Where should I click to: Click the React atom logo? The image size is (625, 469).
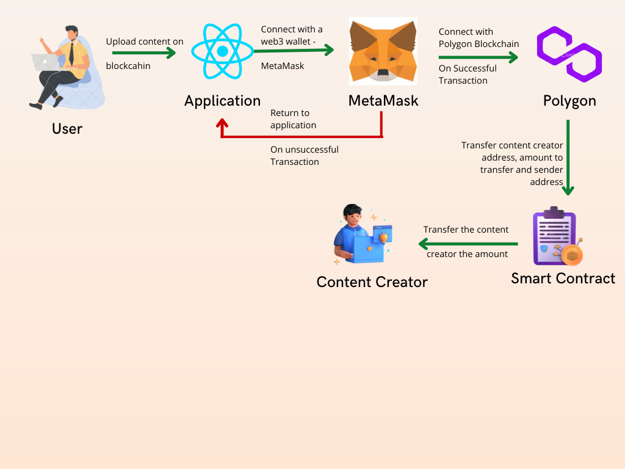pyautogui.click(x=222, y=51)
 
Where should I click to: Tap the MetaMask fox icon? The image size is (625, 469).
pyautogui.click(x=383, y=51)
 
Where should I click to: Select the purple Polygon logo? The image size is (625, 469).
pyautogui.click(x=569, y=54)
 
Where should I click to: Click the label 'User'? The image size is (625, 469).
pyautogui.click(x=67, y=129)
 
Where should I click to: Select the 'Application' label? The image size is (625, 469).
pyautogui.click(x=222, y=101)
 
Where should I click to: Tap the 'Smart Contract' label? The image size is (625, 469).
pyautogui.click(x=563, y=278)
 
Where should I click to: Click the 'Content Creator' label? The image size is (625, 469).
pyautogui.click(x=372, y=282)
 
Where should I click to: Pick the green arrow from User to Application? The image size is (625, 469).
pyautogui.click(x=144, y=53)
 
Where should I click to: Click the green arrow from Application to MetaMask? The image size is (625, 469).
pyautogui.click(x=294, y=50)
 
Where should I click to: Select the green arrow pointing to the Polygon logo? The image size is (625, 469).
pyautogui.click(x=479, y=57)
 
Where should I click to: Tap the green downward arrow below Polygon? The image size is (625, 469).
pyautogui.click(x=568, y=157)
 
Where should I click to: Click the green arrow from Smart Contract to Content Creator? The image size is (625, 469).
pyautogui.click(x=468, y=244)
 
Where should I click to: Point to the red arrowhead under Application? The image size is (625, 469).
pyautogui.click(x=222, y=123)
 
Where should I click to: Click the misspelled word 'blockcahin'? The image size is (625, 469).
pyautogui.click(x=128, y=66)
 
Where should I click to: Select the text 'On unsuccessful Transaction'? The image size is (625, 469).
pyautogui.click(x=305, y=156)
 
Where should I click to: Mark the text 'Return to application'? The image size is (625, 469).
pyautogui.click(x=294, y=119)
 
